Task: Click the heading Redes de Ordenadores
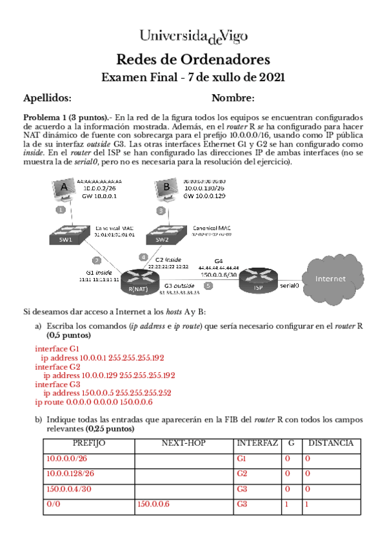193,60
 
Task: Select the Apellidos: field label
47,98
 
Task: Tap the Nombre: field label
233,98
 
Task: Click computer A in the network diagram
63,190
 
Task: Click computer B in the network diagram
166,190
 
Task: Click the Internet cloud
330,279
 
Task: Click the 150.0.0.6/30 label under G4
219,274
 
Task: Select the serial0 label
289,284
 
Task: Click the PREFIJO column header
88,444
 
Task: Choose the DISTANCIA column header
330,444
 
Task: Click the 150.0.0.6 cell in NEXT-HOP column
154,504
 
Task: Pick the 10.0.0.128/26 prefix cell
70,473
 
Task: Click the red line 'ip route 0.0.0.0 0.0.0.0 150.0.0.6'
94,402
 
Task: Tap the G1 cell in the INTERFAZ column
243,459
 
